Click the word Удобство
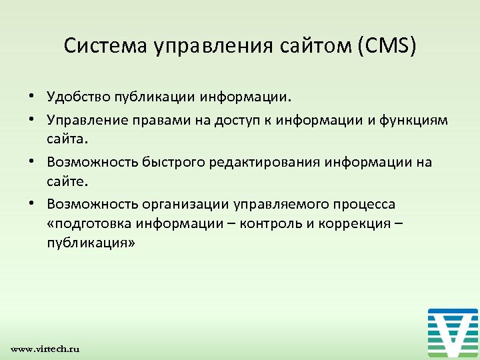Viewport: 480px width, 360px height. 75,99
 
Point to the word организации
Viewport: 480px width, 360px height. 175,203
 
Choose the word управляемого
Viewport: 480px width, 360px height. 268,203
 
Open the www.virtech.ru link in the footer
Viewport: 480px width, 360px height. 45,349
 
